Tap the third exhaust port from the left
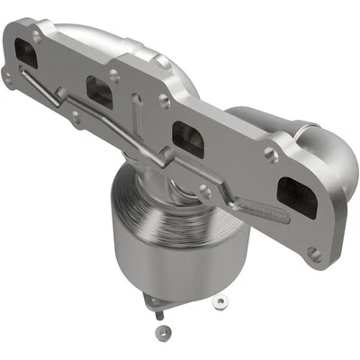(188, 137)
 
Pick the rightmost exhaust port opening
(296, 196)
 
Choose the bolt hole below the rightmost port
(314, 255)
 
